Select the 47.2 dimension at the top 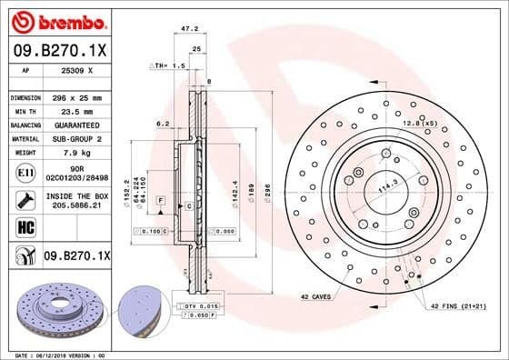pyautogui.click(x=192, y=28)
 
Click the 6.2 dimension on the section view pyautogui.click(x=163, y=123)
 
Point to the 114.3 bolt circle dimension pyautogui.click(x=390, y=187)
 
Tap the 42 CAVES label pyautogui.click(x=315, y=297)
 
